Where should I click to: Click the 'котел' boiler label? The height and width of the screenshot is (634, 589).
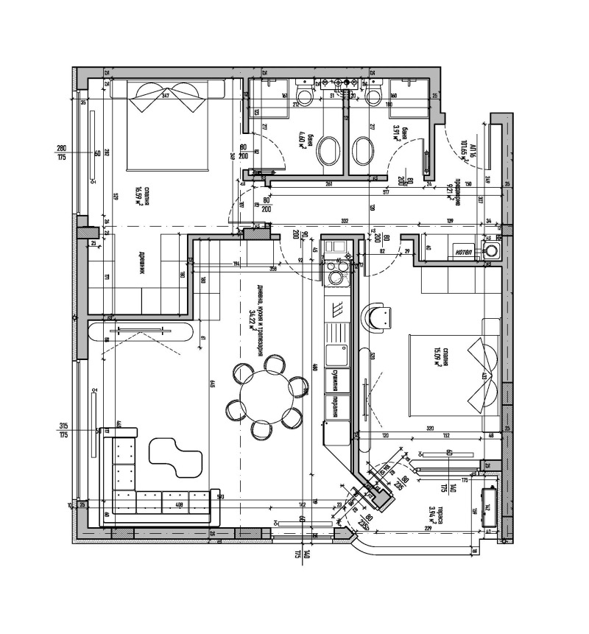464,251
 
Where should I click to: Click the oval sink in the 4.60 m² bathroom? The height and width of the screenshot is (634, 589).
329,150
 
